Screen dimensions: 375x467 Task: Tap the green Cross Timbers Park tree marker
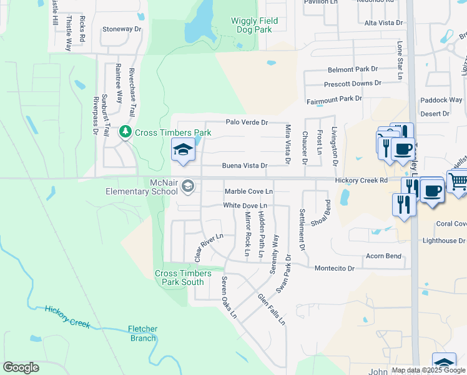click(126, 132)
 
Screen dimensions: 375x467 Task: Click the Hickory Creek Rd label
click(361, 180)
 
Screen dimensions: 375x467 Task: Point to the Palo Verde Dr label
click(246, 122)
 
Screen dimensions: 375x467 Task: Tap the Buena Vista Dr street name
click(245, 166)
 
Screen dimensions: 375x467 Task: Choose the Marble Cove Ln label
click(248, 191)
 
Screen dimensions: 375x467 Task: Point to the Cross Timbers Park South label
click(180, 277)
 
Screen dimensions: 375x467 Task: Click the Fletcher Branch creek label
click(142, 333)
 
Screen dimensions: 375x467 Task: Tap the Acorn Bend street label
click(383, 256)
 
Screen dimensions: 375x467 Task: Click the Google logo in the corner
click(21, 367)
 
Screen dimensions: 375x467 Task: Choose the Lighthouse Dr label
click(444, 241)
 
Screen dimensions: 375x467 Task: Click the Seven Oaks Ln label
click(229, 298)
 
